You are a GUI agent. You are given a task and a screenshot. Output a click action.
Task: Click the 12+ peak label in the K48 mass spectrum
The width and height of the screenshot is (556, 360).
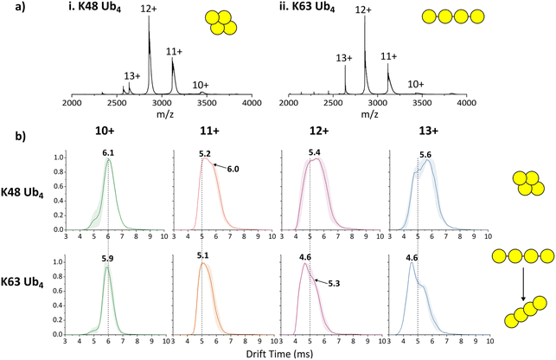point(148,9)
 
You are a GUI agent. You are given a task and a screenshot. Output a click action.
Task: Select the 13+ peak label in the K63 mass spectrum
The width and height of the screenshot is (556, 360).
point(344,58)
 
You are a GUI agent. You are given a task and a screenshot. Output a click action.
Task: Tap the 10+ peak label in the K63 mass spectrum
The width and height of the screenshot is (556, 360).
point(416,85)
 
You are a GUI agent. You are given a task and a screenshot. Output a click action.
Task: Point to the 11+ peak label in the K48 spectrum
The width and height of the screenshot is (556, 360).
point(174,52)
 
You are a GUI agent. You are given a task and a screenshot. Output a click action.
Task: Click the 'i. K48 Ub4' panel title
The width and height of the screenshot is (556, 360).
point(94,8)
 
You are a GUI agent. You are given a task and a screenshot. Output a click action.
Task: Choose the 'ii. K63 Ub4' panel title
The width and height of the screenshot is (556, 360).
point(307,8)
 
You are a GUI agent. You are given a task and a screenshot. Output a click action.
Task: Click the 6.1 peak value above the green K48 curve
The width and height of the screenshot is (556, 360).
point(108,153)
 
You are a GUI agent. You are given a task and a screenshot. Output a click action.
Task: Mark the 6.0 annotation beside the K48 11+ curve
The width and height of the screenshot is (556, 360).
point(233,170)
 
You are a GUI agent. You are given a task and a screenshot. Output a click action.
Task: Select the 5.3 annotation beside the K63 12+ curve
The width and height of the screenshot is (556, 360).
point(334,284)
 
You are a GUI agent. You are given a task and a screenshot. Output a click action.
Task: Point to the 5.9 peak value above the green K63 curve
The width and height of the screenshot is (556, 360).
point(107,259)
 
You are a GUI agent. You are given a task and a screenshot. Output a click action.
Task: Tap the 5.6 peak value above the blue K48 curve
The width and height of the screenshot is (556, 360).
point(425,155)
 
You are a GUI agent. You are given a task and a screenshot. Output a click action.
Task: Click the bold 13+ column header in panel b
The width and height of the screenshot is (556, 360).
point(428,132)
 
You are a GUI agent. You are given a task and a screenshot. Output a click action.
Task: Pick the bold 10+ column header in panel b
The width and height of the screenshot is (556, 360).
point(105,132)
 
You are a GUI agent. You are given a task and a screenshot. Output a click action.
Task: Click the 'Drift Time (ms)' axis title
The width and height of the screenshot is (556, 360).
point(279,354)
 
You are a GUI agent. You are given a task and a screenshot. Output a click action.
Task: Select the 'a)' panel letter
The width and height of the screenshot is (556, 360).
point(20,8)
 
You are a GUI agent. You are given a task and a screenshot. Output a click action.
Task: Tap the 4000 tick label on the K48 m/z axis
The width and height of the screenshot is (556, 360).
point(252,103)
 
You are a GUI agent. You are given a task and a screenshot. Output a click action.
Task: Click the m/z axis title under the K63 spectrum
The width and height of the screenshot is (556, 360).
point(369,114)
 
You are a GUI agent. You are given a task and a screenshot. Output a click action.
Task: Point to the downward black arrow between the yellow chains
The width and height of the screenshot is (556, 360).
point(523,284)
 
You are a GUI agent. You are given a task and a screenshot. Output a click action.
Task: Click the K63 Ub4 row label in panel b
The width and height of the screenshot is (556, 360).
point(22,284)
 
